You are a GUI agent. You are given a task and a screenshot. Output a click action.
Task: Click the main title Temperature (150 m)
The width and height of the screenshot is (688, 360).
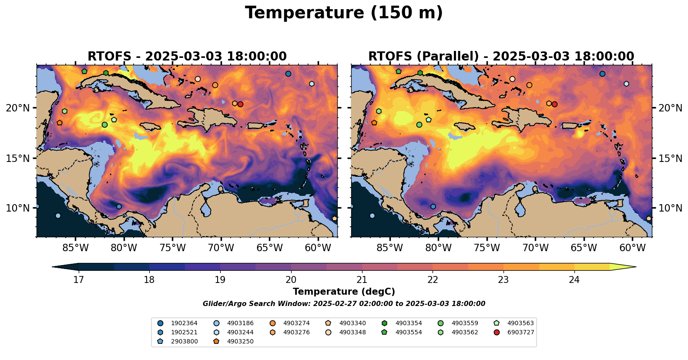344,13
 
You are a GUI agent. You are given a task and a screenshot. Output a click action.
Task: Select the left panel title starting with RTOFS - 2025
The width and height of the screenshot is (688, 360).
187,57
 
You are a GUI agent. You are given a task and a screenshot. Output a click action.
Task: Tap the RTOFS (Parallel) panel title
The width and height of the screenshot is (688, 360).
501,57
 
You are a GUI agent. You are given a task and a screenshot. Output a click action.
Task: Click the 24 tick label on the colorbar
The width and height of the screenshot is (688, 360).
574,279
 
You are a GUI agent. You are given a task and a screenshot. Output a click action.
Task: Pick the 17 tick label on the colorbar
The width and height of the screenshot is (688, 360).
78,279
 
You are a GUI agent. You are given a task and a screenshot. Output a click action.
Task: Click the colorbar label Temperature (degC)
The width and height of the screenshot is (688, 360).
344,292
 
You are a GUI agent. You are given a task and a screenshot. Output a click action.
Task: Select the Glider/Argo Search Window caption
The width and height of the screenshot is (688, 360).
344,304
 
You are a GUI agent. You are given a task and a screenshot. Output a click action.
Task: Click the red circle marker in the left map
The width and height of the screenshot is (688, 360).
240,104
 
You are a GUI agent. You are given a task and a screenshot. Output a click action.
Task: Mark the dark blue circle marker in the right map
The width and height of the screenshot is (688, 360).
602,74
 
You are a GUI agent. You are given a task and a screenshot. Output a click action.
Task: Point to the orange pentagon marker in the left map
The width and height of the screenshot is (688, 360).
60,123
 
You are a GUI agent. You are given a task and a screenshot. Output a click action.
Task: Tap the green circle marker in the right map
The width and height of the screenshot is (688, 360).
419,124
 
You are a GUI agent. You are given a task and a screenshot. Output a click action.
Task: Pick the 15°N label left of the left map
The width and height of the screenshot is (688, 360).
18,158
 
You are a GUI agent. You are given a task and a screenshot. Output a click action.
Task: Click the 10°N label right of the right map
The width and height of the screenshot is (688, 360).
670,208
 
